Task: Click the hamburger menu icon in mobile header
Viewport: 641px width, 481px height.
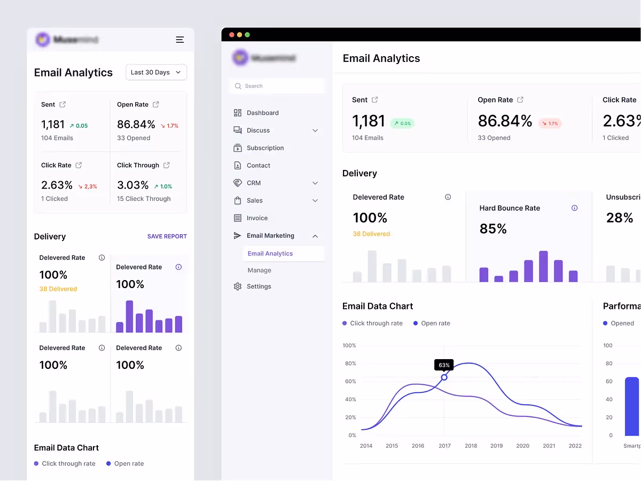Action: pyautogui.click(x=180, y=40)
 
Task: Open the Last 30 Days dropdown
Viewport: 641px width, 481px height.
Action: pyautogui.click(x=156, y=72)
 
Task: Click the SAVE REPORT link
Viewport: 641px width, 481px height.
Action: pyautogui.click(x=167, y=236)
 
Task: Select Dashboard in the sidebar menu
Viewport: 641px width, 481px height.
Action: pyautogui.click(x=262, y=113)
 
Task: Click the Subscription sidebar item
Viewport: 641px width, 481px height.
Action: pyautogui.click(x=265, y=148)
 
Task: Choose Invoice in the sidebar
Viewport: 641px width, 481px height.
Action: pyautogui.click(x=257, y=218)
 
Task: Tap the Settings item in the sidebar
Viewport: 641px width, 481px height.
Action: pyautogui.click(x=259, y=286)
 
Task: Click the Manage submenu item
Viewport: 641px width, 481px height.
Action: pyautogui.click(x=259, y=270)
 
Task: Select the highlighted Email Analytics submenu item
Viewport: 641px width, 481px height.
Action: pyautogui.click(x=270, y=254)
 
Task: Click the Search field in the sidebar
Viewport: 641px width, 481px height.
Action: pyautogui.click(x=278, y=86)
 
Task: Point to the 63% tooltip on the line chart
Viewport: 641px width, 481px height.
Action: pyautogui.click(x=444, y=365)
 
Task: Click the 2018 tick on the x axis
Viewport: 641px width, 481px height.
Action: pyautogui.click(x=471, y=446)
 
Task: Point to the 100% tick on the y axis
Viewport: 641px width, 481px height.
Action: pyautogui.click(x=349, y=346)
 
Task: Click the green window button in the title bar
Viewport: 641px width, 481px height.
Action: pyautogui.click(x=247, y=35)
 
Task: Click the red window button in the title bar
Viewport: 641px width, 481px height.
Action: pyautogui.click(x=232, y=35)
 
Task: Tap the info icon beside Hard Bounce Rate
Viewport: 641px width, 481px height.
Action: pyautogui.click(x=574, y=208)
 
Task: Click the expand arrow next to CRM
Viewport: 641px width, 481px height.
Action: pyautogui.click(x=315, y=183)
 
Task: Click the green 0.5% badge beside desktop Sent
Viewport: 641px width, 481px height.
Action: pyautogui.click(x=402, y=123)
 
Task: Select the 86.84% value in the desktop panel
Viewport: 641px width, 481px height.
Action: pyautogui.click(x=505, y=121)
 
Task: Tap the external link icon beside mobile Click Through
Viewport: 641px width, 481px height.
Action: pyautogui.click(x=167, y=165)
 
